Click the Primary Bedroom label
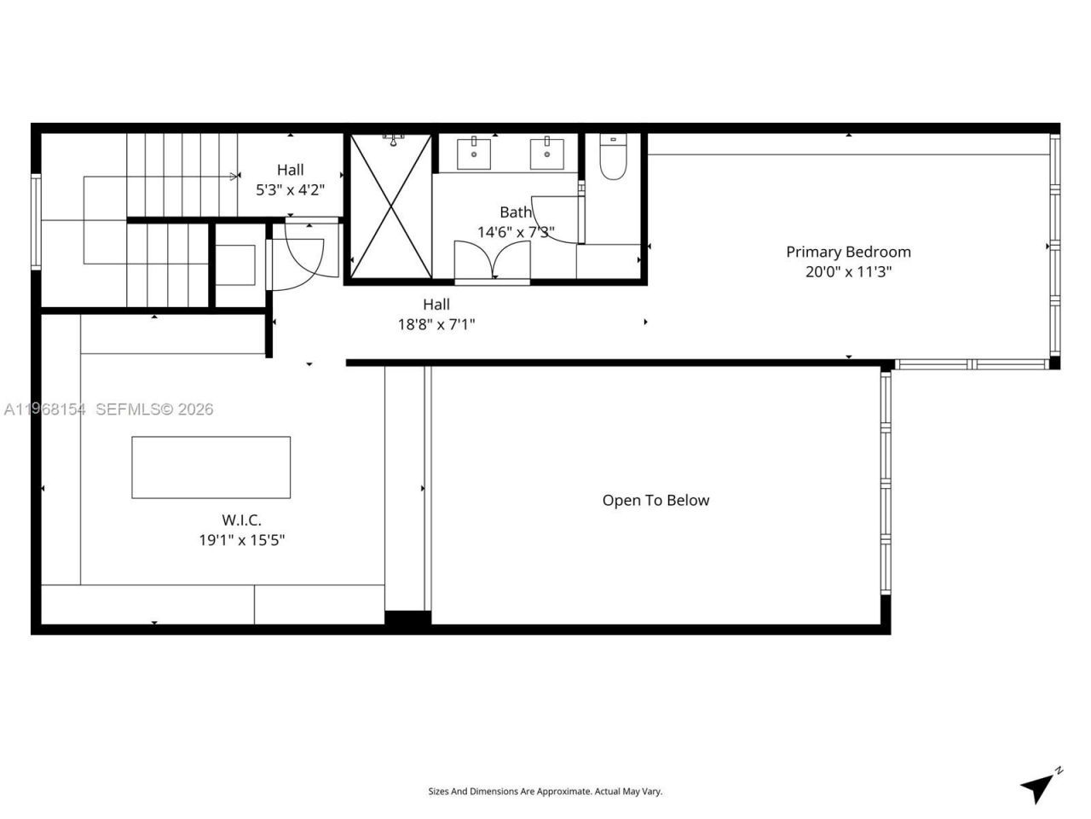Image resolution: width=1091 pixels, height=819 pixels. click(x=848, y=252)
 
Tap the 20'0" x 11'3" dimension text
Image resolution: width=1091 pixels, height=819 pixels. click(x=848, y=272)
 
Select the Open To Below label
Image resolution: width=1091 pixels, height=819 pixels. click(x=655, y=501)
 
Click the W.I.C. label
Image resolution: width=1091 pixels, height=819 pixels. click(x=241, y=520)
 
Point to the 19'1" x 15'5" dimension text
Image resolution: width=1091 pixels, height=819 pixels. click(x=241, y=540)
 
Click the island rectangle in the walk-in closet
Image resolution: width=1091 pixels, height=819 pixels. click(x=211, y=468)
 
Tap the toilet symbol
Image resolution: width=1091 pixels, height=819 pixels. click(x=613, y=157)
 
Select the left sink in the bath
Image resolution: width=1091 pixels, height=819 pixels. click(x=474, y=154)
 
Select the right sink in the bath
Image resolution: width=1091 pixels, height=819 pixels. click(x=546, y=154)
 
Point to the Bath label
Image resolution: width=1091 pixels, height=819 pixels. click(x=515, y=212)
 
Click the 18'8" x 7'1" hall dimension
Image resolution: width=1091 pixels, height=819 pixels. click(x=436, y=324)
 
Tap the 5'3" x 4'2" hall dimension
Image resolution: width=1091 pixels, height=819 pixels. click(x=290, y=190)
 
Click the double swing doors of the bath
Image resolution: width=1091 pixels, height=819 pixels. click(x=492, y=259)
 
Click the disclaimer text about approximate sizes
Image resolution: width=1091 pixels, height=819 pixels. click(x=545, y=792)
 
